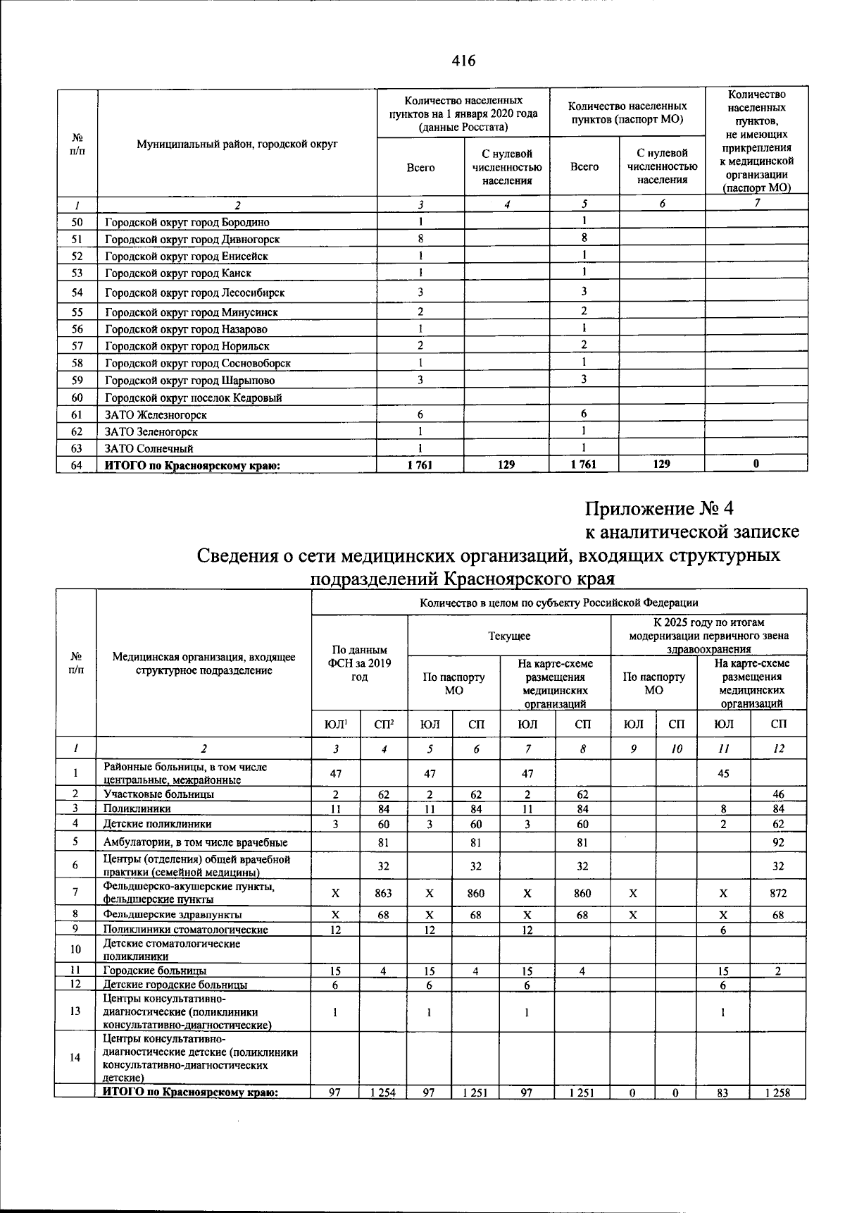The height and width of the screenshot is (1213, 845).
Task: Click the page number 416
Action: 463,61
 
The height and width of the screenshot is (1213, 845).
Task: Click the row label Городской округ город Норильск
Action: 187,346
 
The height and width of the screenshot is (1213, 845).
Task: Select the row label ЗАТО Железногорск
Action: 156,414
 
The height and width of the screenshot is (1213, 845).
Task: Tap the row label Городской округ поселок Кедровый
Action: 194,398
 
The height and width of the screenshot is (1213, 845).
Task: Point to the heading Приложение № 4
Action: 659,508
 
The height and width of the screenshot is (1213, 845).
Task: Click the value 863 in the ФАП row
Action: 383,893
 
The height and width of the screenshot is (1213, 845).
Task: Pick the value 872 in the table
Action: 778,893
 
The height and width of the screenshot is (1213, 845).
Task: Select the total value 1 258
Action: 778,1093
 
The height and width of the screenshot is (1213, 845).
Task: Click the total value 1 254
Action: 383,1093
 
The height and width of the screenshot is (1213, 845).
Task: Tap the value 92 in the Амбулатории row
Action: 778,842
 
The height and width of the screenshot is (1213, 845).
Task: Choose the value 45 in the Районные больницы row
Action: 723,773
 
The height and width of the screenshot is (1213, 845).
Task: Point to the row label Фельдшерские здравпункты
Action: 173,915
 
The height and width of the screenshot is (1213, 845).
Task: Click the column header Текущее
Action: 509,636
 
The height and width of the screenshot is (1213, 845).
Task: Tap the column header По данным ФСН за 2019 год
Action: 359,663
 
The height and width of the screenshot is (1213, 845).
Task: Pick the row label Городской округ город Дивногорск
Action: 192,240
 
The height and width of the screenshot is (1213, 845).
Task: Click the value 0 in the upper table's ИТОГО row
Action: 756,464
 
